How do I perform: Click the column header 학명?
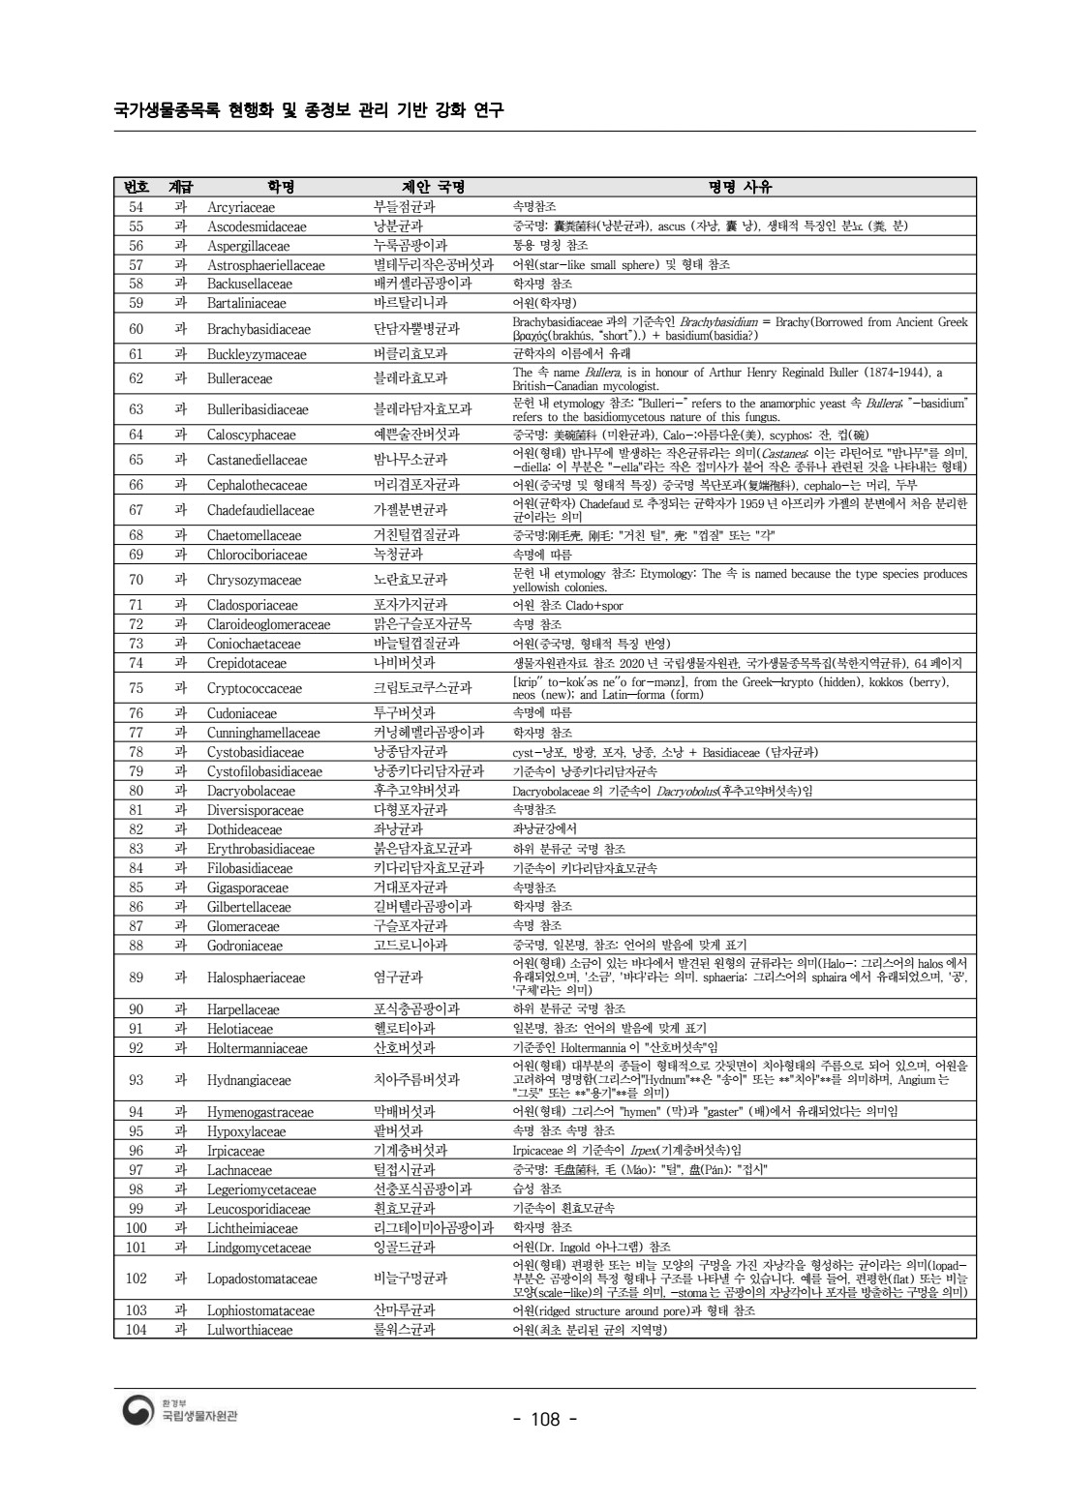(280, 187)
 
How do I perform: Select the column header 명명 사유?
(740, 187)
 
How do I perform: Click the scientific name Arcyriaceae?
(241, 207)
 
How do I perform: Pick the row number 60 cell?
(137, 329)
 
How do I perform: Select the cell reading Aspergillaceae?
(249, 246)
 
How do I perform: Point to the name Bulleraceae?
(240, 378)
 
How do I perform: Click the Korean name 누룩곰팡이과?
(411, 246)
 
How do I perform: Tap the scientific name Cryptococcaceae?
(255, 688)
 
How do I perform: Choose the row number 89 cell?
(137, 978)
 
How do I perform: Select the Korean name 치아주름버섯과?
(416, 1080)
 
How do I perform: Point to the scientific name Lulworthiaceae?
(250, 1330)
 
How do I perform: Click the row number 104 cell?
(137, 1330)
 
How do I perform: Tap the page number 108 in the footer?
(545, 1420)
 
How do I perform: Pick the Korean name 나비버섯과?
(404, 663)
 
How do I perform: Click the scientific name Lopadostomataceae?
(262, 1278)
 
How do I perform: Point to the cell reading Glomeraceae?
(243, 926)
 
